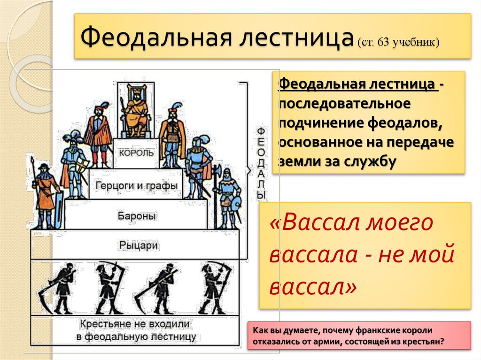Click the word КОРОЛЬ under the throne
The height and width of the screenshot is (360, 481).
[x=136, y=153]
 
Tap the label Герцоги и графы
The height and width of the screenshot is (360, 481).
[x=136, y=185]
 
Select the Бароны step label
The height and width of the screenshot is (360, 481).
[x=136, y=216]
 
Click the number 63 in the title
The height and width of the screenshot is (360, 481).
[x=384, y=43]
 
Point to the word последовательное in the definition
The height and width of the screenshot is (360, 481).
[x=344, y=103]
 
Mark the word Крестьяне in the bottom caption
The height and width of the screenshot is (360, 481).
[x=104, y=324]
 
